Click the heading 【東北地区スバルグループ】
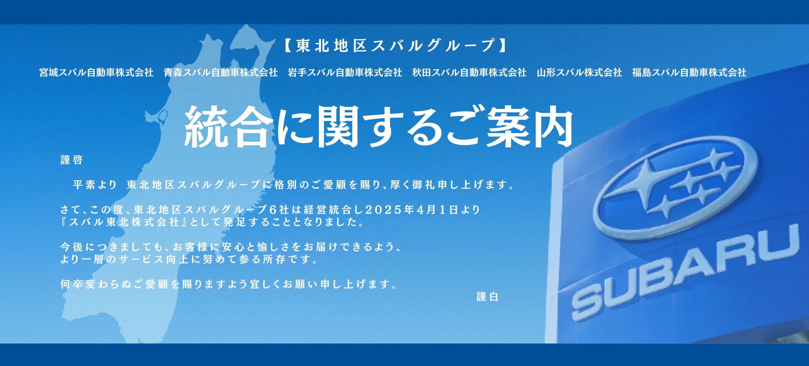395,46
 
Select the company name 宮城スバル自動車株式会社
96,73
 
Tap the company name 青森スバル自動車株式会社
221,73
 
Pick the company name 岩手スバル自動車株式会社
345,73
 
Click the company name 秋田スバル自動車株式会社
469,73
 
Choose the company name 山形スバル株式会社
579,73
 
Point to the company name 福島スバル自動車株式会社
689,73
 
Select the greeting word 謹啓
72,160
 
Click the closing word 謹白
487,296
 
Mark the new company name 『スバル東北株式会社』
125,222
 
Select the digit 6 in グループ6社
273,210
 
